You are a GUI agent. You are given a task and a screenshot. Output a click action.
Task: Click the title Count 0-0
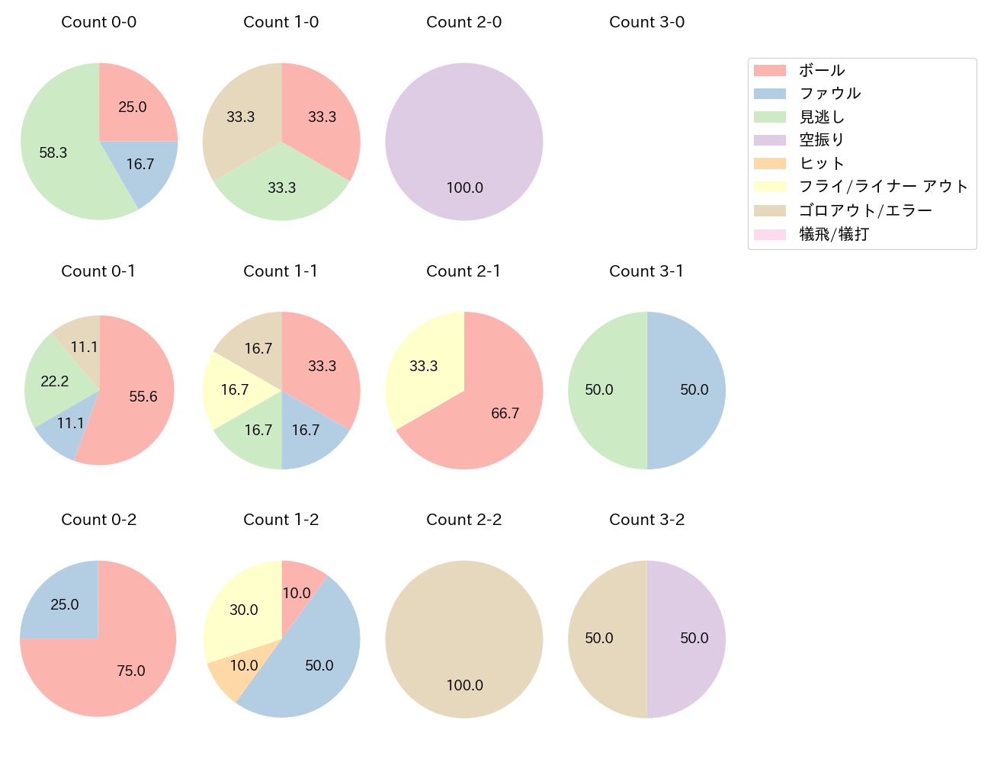99,22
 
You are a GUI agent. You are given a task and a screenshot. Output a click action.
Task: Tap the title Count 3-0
646,22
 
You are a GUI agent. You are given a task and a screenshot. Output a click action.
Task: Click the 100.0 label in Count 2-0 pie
464,187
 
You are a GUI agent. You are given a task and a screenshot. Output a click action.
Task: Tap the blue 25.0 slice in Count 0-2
65,604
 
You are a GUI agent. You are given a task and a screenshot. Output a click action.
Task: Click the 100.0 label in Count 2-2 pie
464,685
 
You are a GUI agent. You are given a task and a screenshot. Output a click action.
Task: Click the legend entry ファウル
829,94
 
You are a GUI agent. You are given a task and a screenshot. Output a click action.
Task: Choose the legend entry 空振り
821,140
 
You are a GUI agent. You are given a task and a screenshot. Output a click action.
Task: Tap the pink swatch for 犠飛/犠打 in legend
769,234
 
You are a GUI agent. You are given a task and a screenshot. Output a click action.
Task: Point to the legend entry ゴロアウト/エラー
864,210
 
